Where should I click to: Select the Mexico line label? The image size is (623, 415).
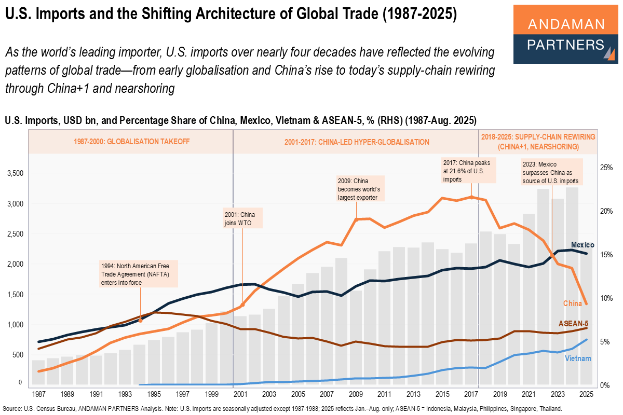[582, 244]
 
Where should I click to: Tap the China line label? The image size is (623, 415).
[573, 303]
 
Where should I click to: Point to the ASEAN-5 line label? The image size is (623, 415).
[573, 323]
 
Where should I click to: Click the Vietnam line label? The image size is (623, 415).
[578, 358]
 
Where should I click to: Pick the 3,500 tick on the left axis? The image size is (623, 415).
[15, 173]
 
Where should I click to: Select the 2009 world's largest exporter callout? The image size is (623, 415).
[358, 189]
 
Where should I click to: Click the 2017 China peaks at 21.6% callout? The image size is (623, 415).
[468, 171]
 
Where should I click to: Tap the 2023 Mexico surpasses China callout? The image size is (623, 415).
[550, 173]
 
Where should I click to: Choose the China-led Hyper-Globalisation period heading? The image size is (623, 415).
[357, 142]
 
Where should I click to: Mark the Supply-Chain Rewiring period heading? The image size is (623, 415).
[538, 142]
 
